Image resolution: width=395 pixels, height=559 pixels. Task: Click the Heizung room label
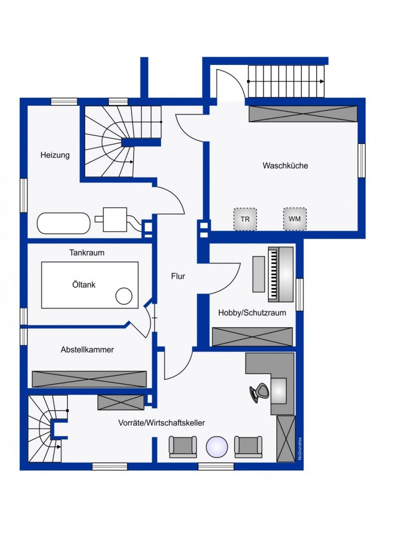click(55, 155)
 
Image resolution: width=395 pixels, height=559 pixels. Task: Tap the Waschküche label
click(285, 165)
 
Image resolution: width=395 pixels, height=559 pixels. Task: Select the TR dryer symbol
click(245, 219)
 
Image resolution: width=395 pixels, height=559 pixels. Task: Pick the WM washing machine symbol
click(295, 219)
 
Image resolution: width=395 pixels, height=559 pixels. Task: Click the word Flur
click(178, 276)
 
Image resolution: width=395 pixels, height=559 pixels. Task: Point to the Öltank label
click(84, 285)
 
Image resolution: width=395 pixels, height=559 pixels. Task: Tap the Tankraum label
click(87, 252)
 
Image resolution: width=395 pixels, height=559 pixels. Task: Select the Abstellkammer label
click(87, 349)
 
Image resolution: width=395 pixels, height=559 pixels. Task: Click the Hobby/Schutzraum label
click(252, 313)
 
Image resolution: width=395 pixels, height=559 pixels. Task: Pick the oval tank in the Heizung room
click(64, 223)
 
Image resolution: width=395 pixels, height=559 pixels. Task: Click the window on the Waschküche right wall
click(362, 161)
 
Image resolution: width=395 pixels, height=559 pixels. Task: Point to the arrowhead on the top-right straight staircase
click(322, 81)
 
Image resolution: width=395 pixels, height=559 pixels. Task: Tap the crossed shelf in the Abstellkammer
click(89, 379)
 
